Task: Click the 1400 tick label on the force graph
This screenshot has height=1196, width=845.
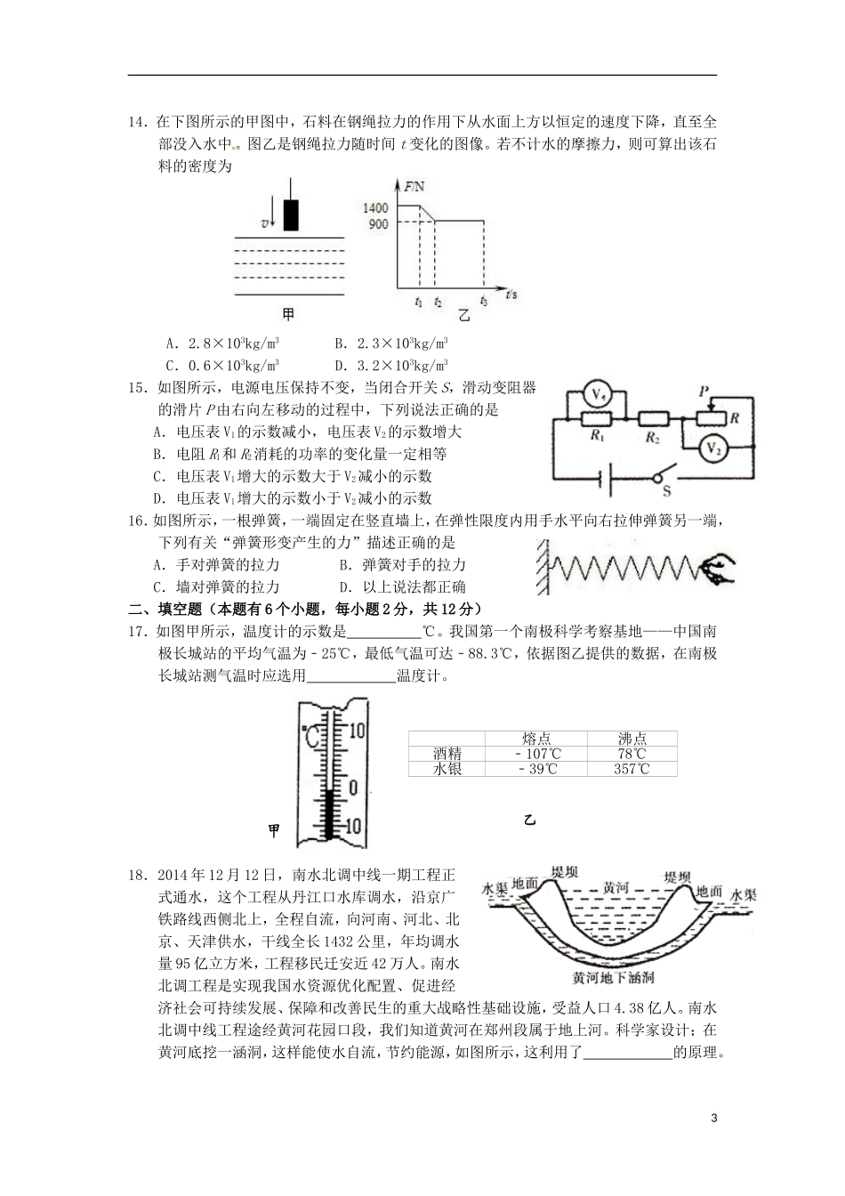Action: coord(376,207)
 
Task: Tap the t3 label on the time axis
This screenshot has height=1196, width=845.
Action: coord(483,301)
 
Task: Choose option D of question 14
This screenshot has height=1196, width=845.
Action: coord(391,365)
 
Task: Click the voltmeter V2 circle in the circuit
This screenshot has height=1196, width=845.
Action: coord(712,450)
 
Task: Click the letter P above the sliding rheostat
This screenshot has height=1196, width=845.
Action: coord(705,391)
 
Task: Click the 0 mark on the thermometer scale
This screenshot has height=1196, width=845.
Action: coord(353,787)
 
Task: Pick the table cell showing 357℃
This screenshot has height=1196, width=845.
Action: coord(632,769)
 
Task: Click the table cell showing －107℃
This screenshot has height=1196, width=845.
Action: coord(536,754)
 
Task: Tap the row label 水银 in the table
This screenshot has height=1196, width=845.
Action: coord(447,769)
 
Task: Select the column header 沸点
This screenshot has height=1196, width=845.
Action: coord(632,739)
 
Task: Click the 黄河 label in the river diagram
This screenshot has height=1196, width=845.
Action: coord(616,887)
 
